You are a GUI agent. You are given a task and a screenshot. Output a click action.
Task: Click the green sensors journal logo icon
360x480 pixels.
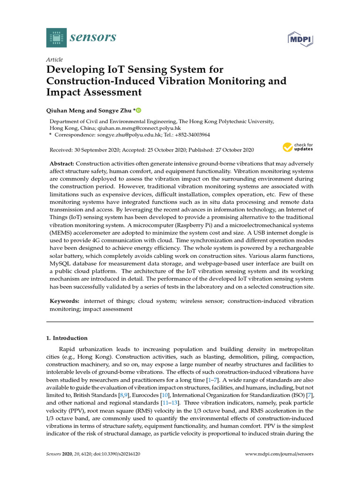56,37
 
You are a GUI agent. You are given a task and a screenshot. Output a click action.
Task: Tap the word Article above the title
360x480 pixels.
54,60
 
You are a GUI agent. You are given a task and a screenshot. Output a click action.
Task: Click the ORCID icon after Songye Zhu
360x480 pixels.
138,110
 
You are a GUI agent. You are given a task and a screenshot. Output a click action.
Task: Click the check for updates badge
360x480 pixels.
298,147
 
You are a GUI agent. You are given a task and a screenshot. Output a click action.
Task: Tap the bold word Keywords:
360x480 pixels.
65,301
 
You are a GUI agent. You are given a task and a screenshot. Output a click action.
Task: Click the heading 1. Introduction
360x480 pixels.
67,338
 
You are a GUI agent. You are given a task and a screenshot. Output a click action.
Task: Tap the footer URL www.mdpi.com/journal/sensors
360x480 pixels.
279,454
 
